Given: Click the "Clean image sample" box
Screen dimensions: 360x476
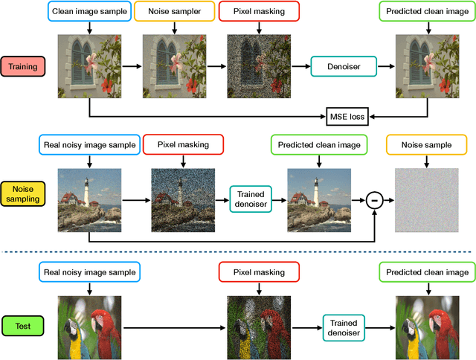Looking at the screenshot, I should (89, 12).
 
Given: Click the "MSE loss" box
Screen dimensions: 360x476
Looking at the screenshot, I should (346, 117).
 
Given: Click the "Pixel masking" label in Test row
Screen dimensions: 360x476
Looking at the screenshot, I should (258, 272).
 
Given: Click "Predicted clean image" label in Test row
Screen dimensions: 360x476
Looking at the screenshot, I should (427, 272).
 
